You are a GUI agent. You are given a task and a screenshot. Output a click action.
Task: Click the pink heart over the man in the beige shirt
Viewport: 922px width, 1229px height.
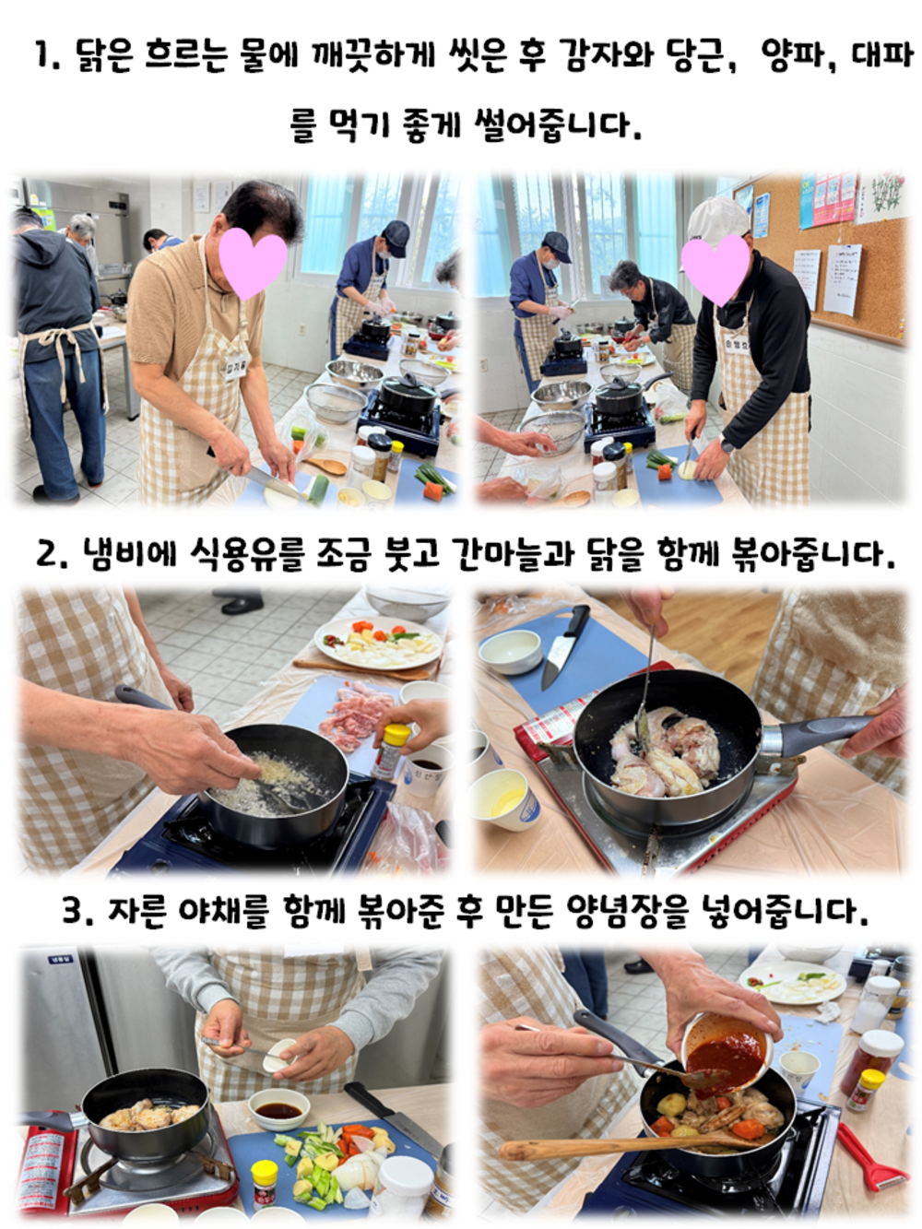click(x=253, y=263)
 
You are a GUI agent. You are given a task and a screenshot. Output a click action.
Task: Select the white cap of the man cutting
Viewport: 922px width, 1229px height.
click(x=716, y=219)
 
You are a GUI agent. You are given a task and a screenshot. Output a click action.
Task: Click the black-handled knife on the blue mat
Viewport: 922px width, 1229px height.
click(x=564, y=647)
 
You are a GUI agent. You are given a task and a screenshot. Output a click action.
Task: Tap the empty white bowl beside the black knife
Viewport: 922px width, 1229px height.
click(x=510, y=651)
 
